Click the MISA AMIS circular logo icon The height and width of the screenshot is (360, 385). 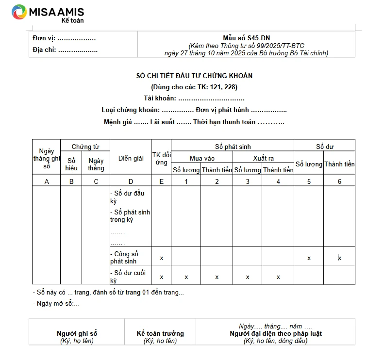[19, 12]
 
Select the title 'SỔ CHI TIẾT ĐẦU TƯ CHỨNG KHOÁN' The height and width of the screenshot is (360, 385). [194, 76]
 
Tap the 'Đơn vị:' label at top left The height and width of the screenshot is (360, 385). [44, 38]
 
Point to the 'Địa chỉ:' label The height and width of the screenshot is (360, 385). [45, 49]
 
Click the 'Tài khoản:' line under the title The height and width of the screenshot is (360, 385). [194, 98]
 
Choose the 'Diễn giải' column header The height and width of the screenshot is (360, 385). [131, 158]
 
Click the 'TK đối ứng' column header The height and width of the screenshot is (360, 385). [161, 158]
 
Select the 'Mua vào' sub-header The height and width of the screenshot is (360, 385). [202, 158]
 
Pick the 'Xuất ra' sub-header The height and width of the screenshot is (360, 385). [263, 158]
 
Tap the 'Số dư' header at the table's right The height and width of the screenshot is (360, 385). [324, 147]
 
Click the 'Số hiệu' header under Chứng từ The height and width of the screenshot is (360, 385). [71, 164]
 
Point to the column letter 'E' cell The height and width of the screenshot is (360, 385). [161, 181]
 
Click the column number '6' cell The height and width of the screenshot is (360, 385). [339, 181]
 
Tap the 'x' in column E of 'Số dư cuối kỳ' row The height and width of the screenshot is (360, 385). [161, 277]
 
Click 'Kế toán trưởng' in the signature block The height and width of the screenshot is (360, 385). [160, 333]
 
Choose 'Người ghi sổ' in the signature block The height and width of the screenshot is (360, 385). [77, 333]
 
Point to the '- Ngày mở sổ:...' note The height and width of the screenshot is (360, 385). [56, 304]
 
